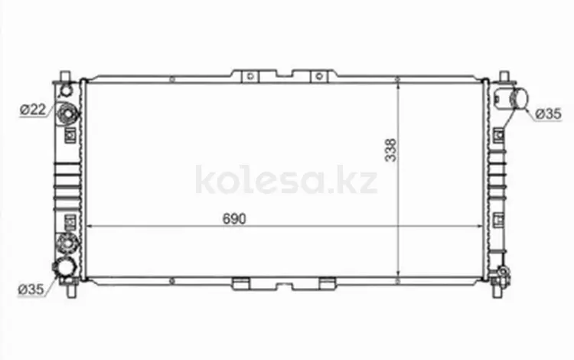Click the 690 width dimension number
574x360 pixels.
pyautogui.click(x=234, y=218)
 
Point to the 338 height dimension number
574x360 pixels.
pyautogui.click(x=391, y=150)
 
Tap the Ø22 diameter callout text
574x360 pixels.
pyautogui.click(x=33, y=109)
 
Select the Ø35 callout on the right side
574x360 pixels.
pyautogui.click(x=548, y=114)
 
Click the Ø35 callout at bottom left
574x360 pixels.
pyautogui.click(x=31, y=290)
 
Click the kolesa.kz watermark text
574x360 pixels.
pyautogui.click(x=286, y=180)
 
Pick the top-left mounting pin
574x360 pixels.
pyautogui.click(x=65, y=76)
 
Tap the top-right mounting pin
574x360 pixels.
pyautogui.click(x=504, y=76)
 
